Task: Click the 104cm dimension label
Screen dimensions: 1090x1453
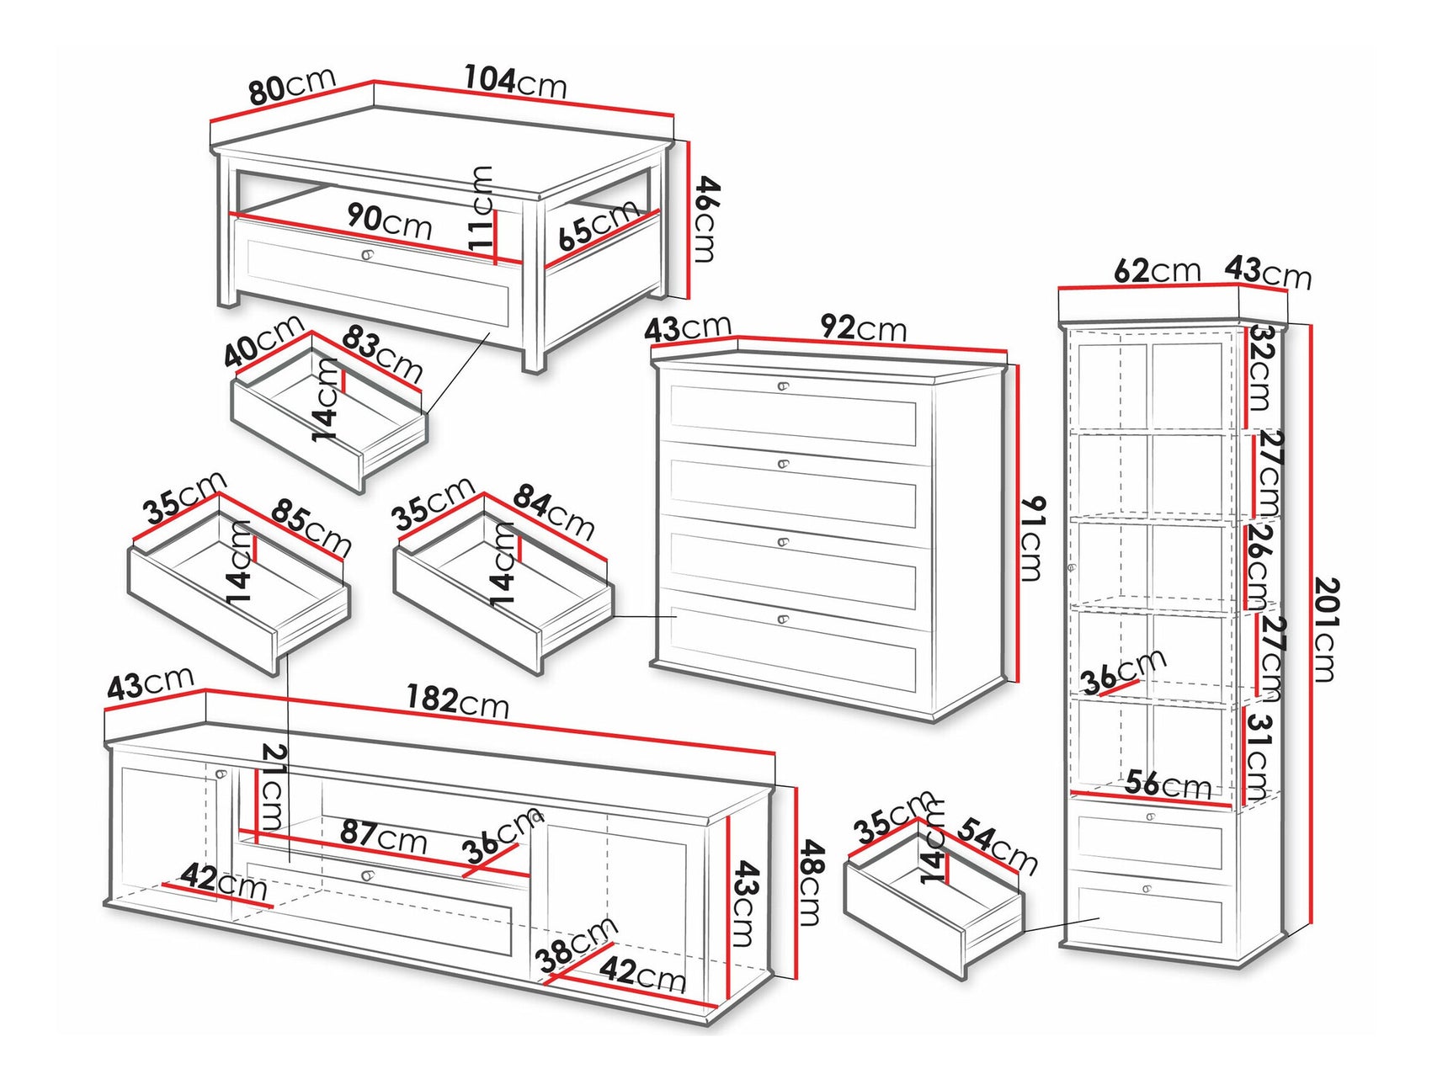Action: pos(515,82)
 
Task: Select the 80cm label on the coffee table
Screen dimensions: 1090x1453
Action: pos(291,86)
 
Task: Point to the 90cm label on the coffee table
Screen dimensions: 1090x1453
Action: pos(390,221)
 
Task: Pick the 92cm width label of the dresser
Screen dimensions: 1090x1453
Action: pos(863,327)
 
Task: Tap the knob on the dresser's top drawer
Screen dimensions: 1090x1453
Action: pos(784,386)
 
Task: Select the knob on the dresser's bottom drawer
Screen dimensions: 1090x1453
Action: pos(784,620)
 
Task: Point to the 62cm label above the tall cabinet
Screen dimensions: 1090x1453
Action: pos(1157,271)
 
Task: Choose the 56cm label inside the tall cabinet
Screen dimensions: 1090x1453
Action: pos(1168,784)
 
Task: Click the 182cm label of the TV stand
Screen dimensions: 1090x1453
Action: pos(458,700)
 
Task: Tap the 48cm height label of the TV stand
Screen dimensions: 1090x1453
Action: pos(810,882)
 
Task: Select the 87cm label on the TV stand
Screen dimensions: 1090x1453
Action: pos(383,836)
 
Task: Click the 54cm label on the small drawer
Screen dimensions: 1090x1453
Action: pos(998,845)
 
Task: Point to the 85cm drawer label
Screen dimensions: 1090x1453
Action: pos(311,527)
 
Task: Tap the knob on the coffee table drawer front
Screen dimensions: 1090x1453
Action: pos(366,255)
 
